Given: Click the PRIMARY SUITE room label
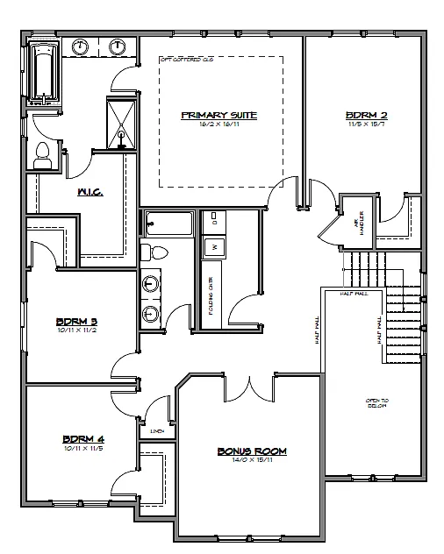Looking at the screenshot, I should pos(218,115).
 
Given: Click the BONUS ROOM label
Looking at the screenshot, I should pos(252,451).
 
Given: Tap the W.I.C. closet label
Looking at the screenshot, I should pos(90,192).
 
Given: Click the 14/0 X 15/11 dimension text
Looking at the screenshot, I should pos(252,461).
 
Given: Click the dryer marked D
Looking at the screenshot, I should pos(213,223).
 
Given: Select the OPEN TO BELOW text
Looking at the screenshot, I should pos(377,403).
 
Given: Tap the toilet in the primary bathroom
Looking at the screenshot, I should pos(41,157).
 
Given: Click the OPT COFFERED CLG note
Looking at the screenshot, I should pos(186,60).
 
